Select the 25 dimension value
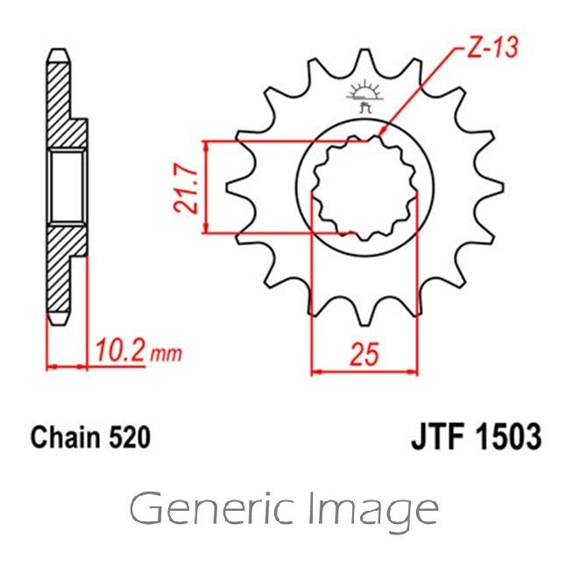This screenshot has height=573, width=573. point(364,354)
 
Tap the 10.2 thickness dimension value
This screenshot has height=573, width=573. point(119,350)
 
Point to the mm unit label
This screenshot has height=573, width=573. point(166,354)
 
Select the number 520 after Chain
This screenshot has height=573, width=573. point(129,437)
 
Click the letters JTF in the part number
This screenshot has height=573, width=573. point(442,436)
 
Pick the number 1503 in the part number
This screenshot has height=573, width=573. point(511,436)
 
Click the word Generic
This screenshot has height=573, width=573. point(212,508)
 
